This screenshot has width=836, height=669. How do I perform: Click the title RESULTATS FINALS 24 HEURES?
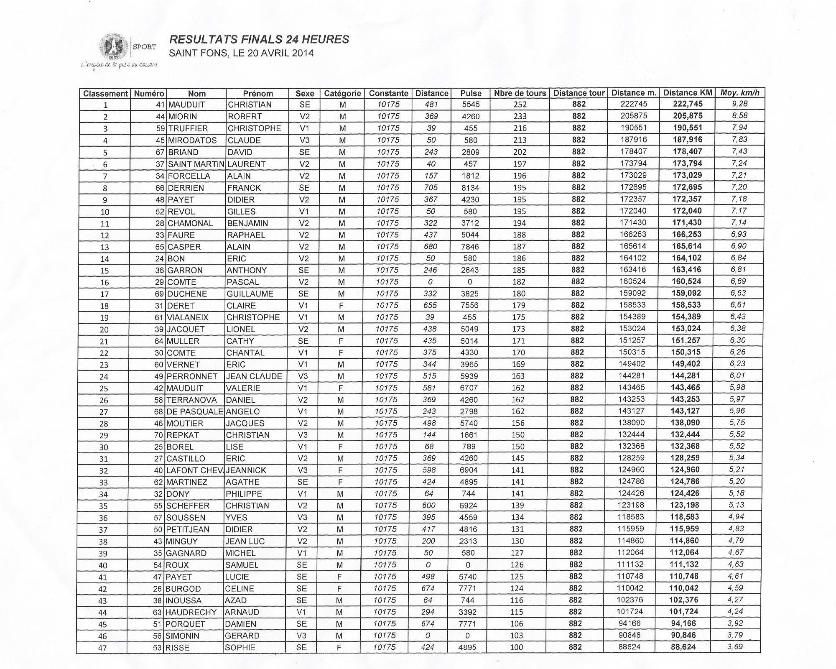point(259,39)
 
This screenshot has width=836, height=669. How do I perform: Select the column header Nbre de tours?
point(520,93)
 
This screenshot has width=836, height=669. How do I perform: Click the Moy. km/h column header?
point(739,93)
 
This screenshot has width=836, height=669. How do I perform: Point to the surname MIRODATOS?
point(192,140)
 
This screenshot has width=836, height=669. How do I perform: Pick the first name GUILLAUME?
point(250,294)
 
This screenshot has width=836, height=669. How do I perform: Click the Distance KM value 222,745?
point(688,104)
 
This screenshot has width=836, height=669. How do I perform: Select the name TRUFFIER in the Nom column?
point(188,128)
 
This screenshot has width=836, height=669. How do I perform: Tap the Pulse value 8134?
point(470,188)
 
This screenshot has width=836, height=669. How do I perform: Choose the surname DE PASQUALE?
point(195,412)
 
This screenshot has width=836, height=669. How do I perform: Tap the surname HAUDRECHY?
point(191,613)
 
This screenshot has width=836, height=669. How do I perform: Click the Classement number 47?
point(102,648)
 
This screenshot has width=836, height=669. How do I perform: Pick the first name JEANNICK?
point(246,470)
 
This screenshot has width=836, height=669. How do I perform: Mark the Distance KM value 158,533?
point(686,305)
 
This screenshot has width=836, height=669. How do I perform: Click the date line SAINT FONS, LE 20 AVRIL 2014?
point(241,54)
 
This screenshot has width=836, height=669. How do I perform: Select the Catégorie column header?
point(342,94)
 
